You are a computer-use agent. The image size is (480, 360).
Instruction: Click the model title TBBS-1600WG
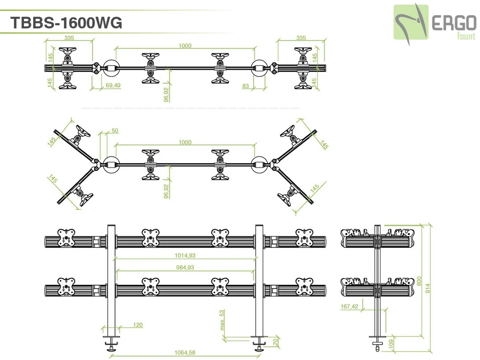(x=66, y=23)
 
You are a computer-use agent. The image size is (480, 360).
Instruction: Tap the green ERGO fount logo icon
(x=411, y=22)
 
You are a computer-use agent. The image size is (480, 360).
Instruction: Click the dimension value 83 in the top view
(x=245, y=86)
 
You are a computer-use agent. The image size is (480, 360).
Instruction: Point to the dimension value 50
(x=115, y=131)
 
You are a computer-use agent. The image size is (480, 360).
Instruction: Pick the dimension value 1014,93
(x=185, y=255)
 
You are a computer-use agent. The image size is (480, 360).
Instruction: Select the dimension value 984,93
(x=185, y=267)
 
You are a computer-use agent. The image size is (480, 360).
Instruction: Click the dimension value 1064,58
(x=185, y=353)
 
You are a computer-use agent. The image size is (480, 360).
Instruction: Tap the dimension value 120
(x=137, y=325)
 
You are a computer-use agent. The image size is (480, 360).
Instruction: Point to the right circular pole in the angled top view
(x=259, y=164)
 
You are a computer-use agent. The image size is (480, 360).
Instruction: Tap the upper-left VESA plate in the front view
(x=66, y=238)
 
